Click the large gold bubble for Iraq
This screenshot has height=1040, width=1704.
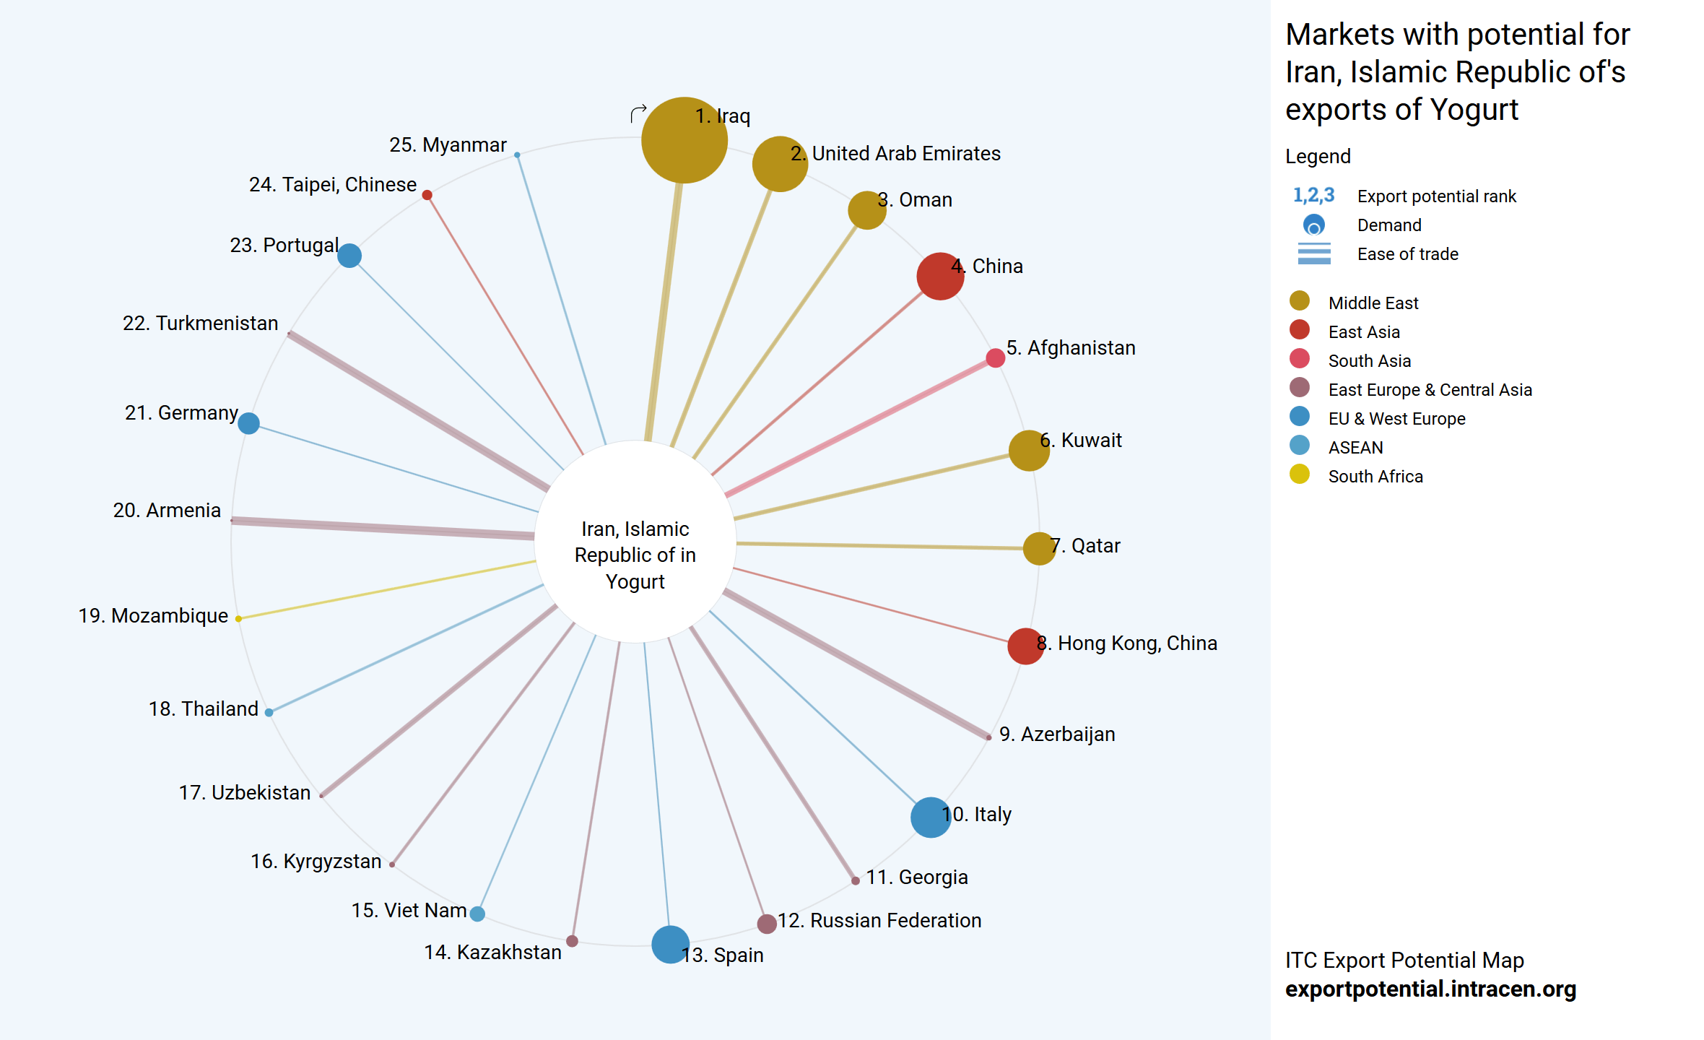coord(684,140)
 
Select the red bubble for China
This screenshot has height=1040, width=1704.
coord(940,276)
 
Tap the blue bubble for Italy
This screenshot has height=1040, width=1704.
coord(931,818)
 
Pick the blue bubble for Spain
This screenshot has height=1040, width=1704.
coord(670,945)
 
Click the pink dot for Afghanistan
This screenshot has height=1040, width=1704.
coord(995,357)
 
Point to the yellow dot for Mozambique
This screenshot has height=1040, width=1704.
coord(238,618)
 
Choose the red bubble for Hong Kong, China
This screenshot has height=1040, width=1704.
coord(1025,646)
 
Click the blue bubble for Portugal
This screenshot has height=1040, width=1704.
coord(349,256)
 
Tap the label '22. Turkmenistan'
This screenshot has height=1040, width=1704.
coord(200,323)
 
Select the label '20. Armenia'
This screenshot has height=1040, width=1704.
coord(167,511)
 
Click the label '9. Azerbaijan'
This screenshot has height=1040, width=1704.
coord(1057,734)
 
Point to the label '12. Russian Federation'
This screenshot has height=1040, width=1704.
coord(879,921)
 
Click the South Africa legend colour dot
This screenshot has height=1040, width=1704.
coord(1300,474)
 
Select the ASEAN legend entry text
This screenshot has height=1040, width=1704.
coord(1355,448)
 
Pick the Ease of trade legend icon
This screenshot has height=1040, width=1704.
coord(1314,253)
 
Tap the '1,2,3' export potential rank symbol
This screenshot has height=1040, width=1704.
coord(1313,195)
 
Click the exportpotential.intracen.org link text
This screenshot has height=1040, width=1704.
coord(1430,989)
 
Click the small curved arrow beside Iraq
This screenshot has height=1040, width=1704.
coord(638,113)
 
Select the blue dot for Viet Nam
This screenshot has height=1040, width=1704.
coord(477,914)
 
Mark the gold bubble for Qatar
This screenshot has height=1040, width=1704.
coord(1039,548)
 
